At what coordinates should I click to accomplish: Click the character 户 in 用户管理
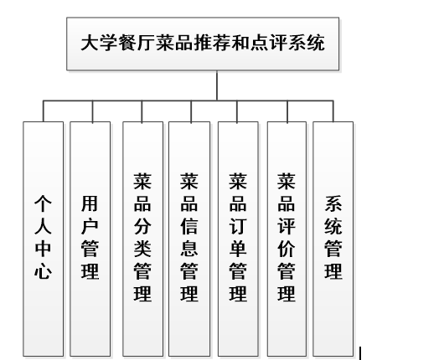click(x=90, y=225)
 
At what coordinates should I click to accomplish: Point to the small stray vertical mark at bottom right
click(x=359, y=352)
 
